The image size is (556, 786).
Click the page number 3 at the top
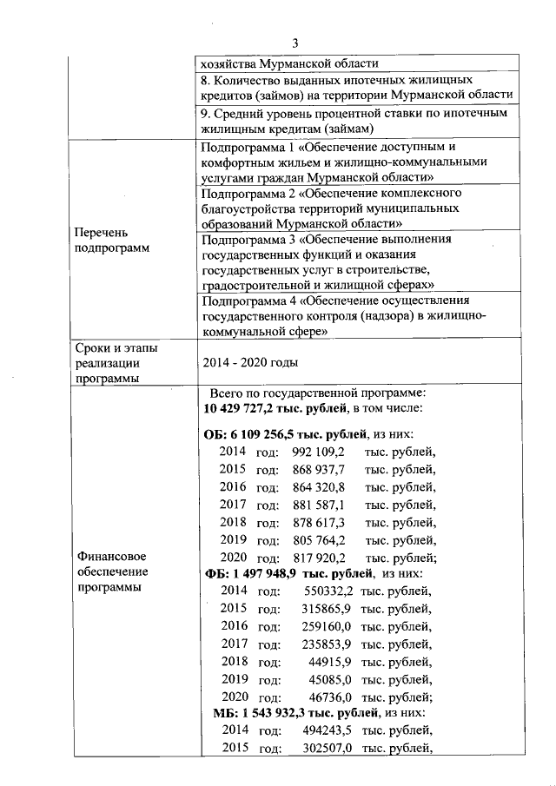pyautogui.click(x=295, y=43)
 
